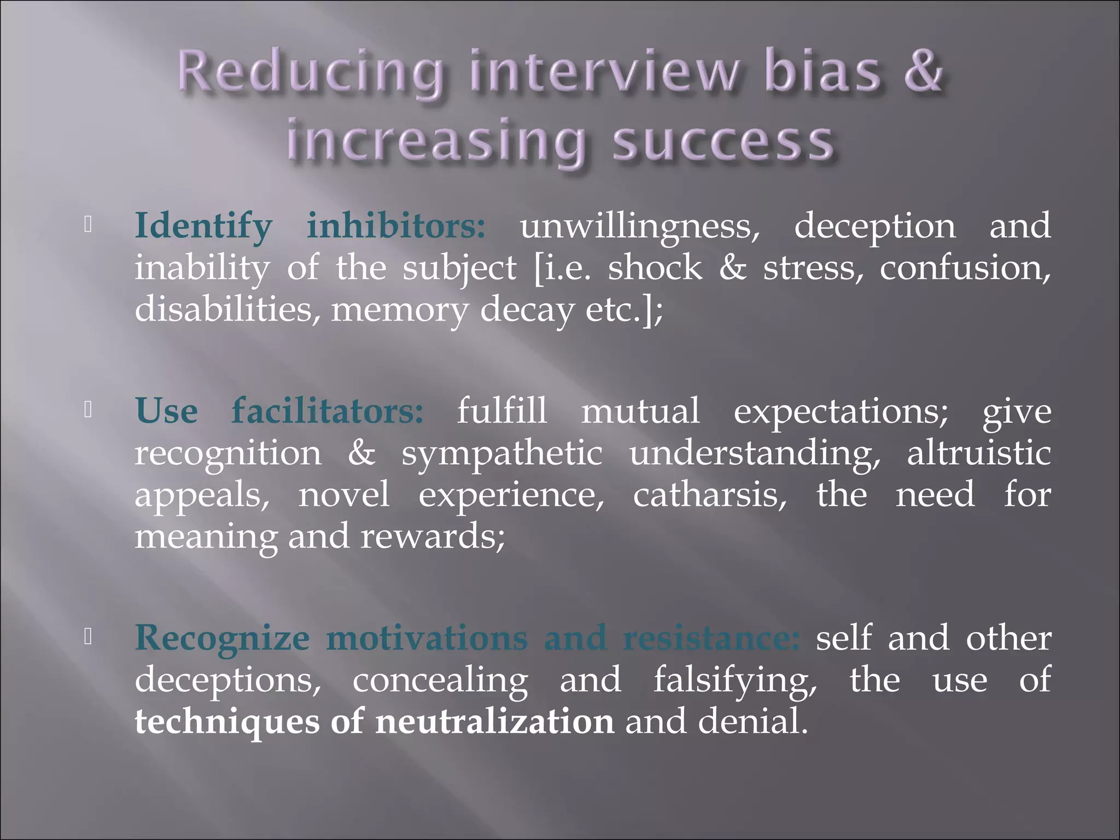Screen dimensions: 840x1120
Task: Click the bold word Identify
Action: click(x=203, y=227)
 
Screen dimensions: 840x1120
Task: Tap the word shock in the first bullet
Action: click(x=655, y=268)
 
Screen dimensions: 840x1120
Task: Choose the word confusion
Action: click(x=965, y=268)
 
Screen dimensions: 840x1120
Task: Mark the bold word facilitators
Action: click(x=328, y=411)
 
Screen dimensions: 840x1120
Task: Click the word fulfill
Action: click(x=501, y=411)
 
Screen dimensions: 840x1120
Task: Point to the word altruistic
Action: click(x=979, y=453)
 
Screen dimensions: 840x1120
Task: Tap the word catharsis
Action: click(x=710, y=495)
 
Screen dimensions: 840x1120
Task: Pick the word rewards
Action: click(x=432, y=536)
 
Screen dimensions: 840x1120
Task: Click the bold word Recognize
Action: click(x=222, y=639)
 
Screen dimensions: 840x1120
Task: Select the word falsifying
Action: click(x=735, y=681)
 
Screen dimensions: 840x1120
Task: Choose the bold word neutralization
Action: click(x=494, y=722)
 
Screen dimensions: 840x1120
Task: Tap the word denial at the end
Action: click(x=752, y=722)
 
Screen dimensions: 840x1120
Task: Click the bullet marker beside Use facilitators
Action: click(x=87, y=411)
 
